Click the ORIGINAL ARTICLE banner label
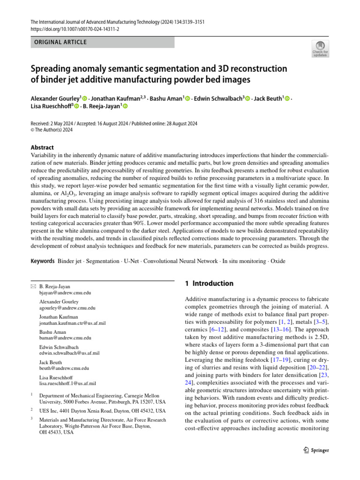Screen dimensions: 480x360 (x=60, y=42)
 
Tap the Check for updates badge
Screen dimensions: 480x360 (x=320, y=49)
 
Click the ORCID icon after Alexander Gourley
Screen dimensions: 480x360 (x=85, y=98)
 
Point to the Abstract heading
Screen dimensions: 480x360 (x=42, y=147)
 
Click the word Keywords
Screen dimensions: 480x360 (x=43, y=261)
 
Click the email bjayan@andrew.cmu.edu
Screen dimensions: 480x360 (x=65, y=292)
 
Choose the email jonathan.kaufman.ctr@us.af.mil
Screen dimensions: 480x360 (x=72, y=323)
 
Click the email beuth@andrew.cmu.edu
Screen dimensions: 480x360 (x=64, y=368)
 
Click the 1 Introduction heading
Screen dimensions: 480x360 (x=209, y=284)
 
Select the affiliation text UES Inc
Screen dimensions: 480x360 (x=49, y=410)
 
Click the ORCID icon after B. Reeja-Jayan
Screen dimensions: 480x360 (x=126, y=106)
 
